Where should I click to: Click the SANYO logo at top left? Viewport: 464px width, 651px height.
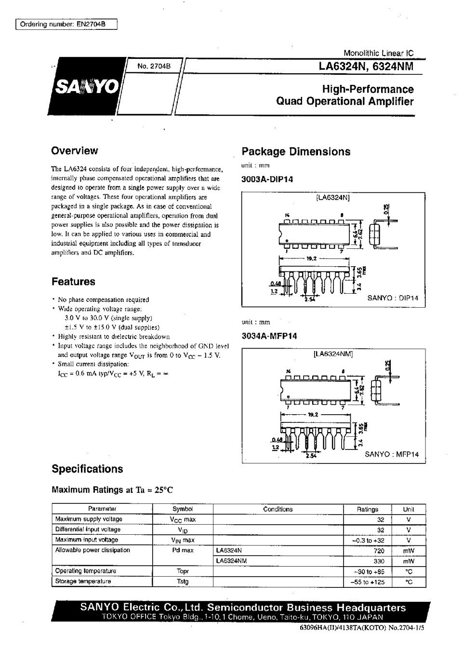point(87,87)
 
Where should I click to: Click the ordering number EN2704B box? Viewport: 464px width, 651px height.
point(66,25)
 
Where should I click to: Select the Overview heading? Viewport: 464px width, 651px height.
point(74,151)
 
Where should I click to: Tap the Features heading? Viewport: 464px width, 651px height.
point(73,282)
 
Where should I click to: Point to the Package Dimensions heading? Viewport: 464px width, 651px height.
point(296,152)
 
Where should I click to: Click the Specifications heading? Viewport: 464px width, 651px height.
point(87,469)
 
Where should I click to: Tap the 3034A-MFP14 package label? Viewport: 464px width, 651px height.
point(269,336)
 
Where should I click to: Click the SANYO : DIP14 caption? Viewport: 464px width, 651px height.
point(393,298)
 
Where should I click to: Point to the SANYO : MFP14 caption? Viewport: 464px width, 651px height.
point(391,454)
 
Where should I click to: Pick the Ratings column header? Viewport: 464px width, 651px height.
point(367,509)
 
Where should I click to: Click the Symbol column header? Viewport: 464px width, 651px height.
point(183,509)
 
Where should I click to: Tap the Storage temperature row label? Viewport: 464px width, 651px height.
point(83,582)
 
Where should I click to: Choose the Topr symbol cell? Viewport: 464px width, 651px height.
point(183,571)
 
